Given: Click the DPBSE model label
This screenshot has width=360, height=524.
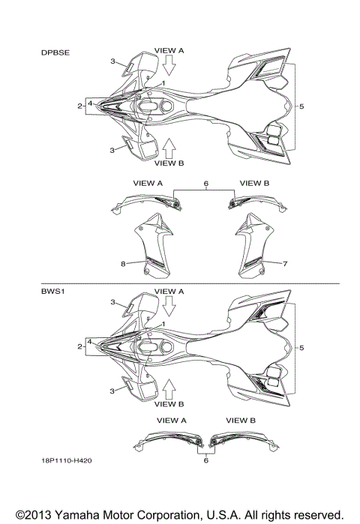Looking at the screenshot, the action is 55,52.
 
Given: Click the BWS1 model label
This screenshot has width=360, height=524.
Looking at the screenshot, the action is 52,291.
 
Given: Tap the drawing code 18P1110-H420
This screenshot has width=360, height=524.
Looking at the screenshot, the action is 67,460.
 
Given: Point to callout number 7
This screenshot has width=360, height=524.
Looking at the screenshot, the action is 285,264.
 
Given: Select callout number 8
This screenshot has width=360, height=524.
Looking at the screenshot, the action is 123,264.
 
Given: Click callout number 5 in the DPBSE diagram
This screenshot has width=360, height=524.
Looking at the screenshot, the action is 301,106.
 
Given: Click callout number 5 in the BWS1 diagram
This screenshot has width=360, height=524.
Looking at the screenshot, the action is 301,348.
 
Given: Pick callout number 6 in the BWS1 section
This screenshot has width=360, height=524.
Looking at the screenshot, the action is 206,460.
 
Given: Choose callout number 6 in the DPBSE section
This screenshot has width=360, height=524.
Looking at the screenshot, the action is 206,183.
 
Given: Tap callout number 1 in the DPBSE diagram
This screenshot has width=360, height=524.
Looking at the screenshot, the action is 163,82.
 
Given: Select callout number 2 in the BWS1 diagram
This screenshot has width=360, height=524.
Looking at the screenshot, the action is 79,346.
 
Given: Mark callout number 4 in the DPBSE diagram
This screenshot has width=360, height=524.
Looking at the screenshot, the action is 90,103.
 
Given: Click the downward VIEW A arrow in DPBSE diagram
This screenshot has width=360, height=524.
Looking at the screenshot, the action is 169,65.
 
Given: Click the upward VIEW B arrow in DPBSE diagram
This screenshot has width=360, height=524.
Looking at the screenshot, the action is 169,148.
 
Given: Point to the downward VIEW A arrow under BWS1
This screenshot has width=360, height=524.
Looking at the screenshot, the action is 169,306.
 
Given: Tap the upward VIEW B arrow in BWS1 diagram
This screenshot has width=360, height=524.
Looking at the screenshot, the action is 169,389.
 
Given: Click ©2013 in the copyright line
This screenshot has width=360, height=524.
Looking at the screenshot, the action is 34,515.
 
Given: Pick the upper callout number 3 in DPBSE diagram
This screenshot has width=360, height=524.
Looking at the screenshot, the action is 113,61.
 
